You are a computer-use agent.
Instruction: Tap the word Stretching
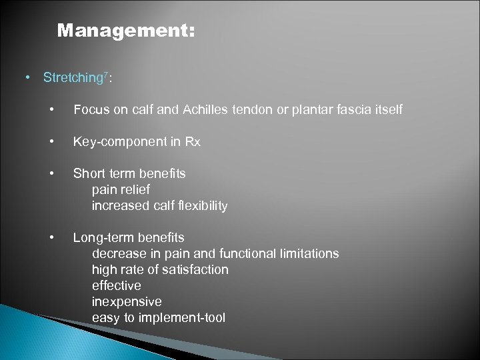click(71, 77)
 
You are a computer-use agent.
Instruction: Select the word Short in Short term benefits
click(88, 173)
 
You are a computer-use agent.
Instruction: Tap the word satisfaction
click(194, 269)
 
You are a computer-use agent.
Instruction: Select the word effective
click(116, 285)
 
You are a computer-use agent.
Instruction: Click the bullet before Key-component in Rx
click(51, 141)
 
